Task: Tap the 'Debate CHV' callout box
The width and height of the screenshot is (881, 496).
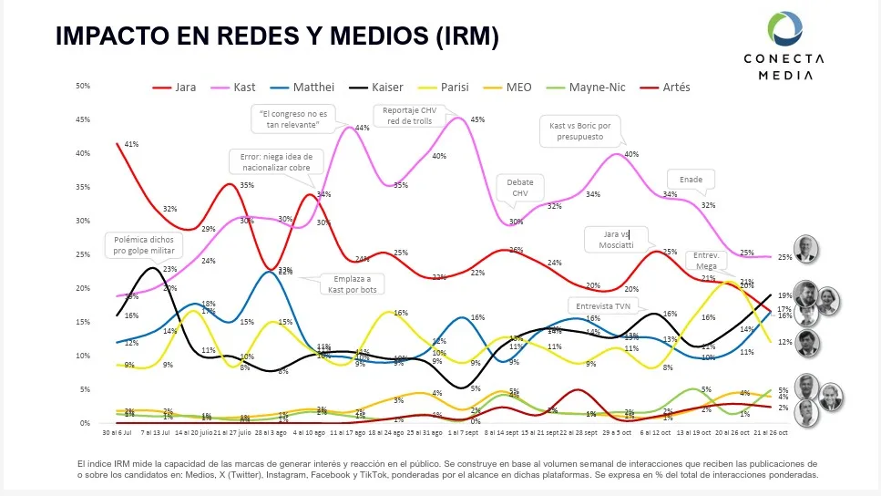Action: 520,188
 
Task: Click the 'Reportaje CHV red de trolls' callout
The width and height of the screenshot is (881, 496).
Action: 407,117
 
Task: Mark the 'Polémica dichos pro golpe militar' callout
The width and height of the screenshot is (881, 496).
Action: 143,245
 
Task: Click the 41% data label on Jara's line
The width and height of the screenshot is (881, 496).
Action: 130,144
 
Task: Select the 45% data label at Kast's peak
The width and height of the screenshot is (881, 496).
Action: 477,119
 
